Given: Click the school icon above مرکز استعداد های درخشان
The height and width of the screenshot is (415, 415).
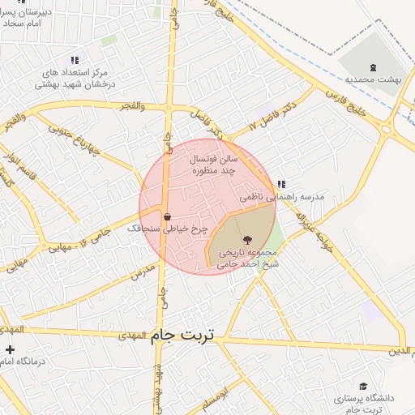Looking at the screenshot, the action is [75, 60].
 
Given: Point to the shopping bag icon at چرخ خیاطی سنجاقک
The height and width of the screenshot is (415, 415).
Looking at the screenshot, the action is [167, 217].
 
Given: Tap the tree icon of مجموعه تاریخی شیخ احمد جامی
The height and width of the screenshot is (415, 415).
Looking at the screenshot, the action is [247, 239].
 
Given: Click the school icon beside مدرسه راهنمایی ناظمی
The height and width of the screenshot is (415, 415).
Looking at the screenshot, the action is [281, 185].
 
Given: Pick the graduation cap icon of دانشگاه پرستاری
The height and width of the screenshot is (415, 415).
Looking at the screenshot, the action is [363, 387].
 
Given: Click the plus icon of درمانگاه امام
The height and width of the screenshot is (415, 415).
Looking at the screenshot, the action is [9, 350].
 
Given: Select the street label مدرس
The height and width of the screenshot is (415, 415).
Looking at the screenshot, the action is [142, 268].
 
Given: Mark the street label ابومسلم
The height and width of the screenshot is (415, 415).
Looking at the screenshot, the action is [220, 399].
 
